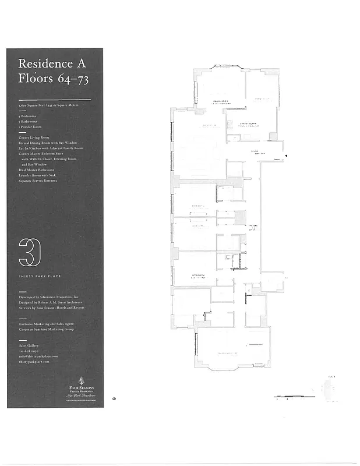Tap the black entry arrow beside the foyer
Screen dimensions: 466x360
(285, 156)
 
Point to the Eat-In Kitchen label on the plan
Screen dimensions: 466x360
(249, 123)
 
